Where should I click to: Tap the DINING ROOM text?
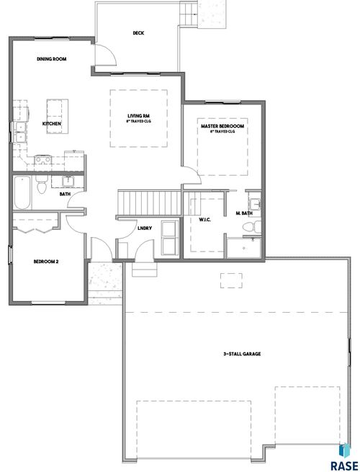[x=52, y=59]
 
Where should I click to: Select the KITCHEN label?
[x=51, y=124]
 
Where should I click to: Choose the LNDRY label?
[x=143, y=228]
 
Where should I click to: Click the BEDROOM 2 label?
[x=45, y=262]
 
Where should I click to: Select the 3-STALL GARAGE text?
[x=240, y=355]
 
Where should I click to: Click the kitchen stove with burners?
[x=40, y=160]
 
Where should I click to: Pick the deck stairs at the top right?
[x=189, y=14]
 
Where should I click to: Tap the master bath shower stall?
[x=243, y=248]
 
